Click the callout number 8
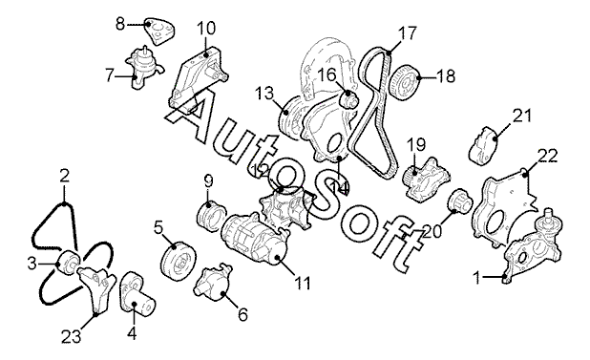[x=120, y=25]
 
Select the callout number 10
[x=206, y=29]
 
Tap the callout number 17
[x=407, y=33]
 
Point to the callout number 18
[x=446, y=76]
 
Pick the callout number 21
[x=522, y=116]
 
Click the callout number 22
[x=547, y=156]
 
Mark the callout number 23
[x=72, y=336]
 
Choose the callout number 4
[x=132, y=333]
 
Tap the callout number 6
[x=243, y=314]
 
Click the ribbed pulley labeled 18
[x=404, y=82]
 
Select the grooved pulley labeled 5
[x=178, y=262]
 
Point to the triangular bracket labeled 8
[x=160, y=32]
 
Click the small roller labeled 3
[x=68, y=263]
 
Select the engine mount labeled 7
[x=143, y=68]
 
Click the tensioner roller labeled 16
[x=349, y=99]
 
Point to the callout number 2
[x=65, y=176]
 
